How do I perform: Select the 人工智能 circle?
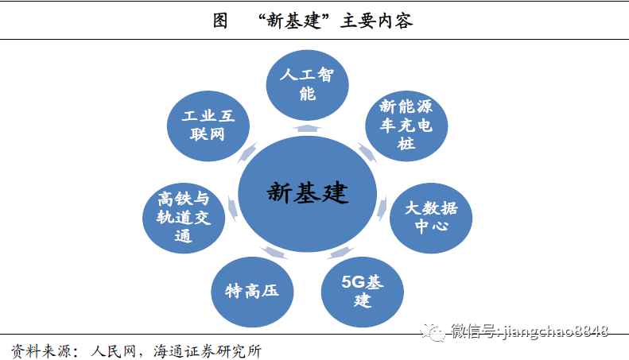click(306, 84)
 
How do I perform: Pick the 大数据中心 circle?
click(430, 216)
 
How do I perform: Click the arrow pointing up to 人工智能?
click(307, 127)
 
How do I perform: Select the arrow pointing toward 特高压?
click(275, 253)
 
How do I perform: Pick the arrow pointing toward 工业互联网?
click(248, 151)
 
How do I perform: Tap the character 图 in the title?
click(220, 21)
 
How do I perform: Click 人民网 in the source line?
click(118, 350)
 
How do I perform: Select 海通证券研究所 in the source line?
click(208, 350)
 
